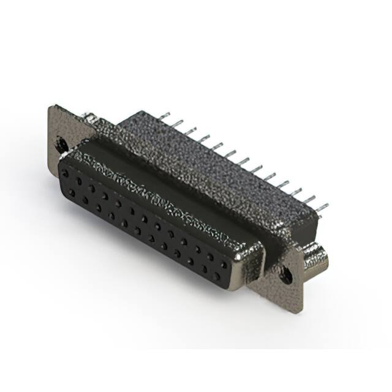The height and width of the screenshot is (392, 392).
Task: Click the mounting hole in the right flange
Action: (x=286, y=275)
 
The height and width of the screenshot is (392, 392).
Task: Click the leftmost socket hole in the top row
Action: (x=65, y=174)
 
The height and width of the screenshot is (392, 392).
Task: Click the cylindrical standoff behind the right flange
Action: (x=316, y=257)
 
